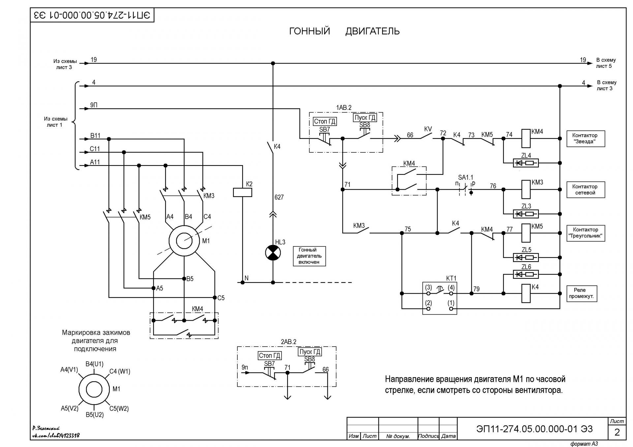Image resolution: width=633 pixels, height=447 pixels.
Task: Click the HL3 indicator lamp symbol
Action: coord(273,253)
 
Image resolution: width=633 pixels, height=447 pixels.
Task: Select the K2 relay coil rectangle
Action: coord(242,192)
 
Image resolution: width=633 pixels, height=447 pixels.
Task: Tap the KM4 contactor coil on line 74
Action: coord(526,139)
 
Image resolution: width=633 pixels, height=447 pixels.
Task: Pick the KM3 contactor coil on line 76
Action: coord(526,189)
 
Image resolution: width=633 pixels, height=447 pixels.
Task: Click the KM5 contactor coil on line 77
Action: coord(526,233)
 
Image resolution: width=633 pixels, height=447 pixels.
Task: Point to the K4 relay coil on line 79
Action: coord(526,293)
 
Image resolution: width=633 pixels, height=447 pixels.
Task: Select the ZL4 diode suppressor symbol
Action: coord(526,163)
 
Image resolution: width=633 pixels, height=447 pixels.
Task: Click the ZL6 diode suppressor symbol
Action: coord(526,274)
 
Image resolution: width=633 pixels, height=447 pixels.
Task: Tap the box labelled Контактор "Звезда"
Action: coord(586,139)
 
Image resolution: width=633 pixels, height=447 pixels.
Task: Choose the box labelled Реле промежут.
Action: coord(582,293)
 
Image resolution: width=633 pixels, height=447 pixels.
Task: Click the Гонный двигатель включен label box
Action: coord(309,256)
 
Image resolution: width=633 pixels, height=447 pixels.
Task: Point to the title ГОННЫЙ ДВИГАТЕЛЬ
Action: coord(344,31)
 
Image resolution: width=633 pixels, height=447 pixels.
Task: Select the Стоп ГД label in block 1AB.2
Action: coord(325,121)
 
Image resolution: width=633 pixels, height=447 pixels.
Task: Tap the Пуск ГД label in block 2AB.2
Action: coord(310,352)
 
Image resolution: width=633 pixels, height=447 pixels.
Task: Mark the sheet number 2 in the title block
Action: coord(617,432)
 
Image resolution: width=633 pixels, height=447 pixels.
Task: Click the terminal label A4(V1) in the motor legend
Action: coord(69,370)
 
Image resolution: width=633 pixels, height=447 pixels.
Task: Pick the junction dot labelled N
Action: coord(243,282)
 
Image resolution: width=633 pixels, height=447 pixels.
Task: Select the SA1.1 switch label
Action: coord(466,178)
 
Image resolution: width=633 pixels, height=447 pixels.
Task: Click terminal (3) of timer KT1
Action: coord(428,293)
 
